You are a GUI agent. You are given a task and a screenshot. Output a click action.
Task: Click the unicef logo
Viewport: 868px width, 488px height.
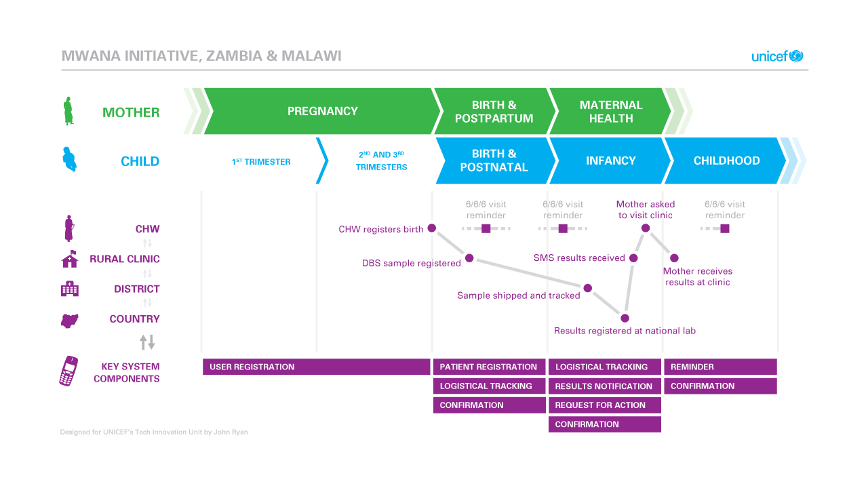[777, 56]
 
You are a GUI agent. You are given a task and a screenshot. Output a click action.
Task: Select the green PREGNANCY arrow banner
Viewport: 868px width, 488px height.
[322, 111]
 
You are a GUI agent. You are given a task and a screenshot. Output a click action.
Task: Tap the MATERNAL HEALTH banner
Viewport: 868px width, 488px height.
[611, 111]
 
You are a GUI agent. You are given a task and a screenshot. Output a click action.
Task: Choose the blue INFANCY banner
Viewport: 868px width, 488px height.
[611, 161]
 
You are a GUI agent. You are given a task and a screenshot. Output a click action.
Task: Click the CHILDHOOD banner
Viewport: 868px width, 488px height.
[726, 161]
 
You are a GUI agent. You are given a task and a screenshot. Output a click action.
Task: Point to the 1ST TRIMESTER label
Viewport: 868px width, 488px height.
[261, 161]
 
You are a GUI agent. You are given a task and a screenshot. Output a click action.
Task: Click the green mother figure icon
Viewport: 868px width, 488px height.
[68, 111]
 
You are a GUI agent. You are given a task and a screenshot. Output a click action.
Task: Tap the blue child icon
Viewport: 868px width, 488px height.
[70, 159]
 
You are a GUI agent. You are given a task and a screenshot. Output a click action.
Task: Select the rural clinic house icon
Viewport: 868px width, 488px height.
[70, 259]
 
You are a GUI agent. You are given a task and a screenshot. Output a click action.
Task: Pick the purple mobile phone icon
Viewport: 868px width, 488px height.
[68, 371]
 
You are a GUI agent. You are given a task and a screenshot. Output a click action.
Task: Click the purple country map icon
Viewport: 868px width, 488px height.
[70, 321]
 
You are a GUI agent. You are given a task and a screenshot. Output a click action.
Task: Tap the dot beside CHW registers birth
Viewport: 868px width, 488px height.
[432, 228]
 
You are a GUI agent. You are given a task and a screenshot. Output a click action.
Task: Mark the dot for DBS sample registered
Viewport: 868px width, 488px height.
[469, 258]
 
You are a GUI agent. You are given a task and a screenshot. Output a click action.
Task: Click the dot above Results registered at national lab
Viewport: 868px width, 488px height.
[625, 318]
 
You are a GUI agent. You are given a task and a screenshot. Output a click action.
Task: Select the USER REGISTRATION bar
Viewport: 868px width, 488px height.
[316, 367]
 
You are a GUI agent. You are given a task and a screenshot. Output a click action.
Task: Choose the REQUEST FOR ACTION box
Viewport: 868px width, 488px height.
[605, 405]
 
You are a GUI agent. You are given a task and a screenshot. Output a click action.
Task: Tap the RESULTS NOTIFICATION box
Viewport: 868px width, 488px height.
[605, 386]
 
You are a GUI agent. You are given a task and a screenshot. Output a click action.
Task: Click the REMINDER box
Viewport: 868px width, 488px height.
[720, 367]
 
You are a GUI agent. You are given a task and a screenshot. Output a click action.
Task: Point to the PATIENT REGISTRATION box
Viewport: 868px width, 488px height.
[490, 367]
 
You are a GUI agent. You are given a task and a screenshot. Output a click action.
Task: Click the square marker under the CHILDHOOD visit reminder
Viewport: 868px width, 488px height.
[725, 228]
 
